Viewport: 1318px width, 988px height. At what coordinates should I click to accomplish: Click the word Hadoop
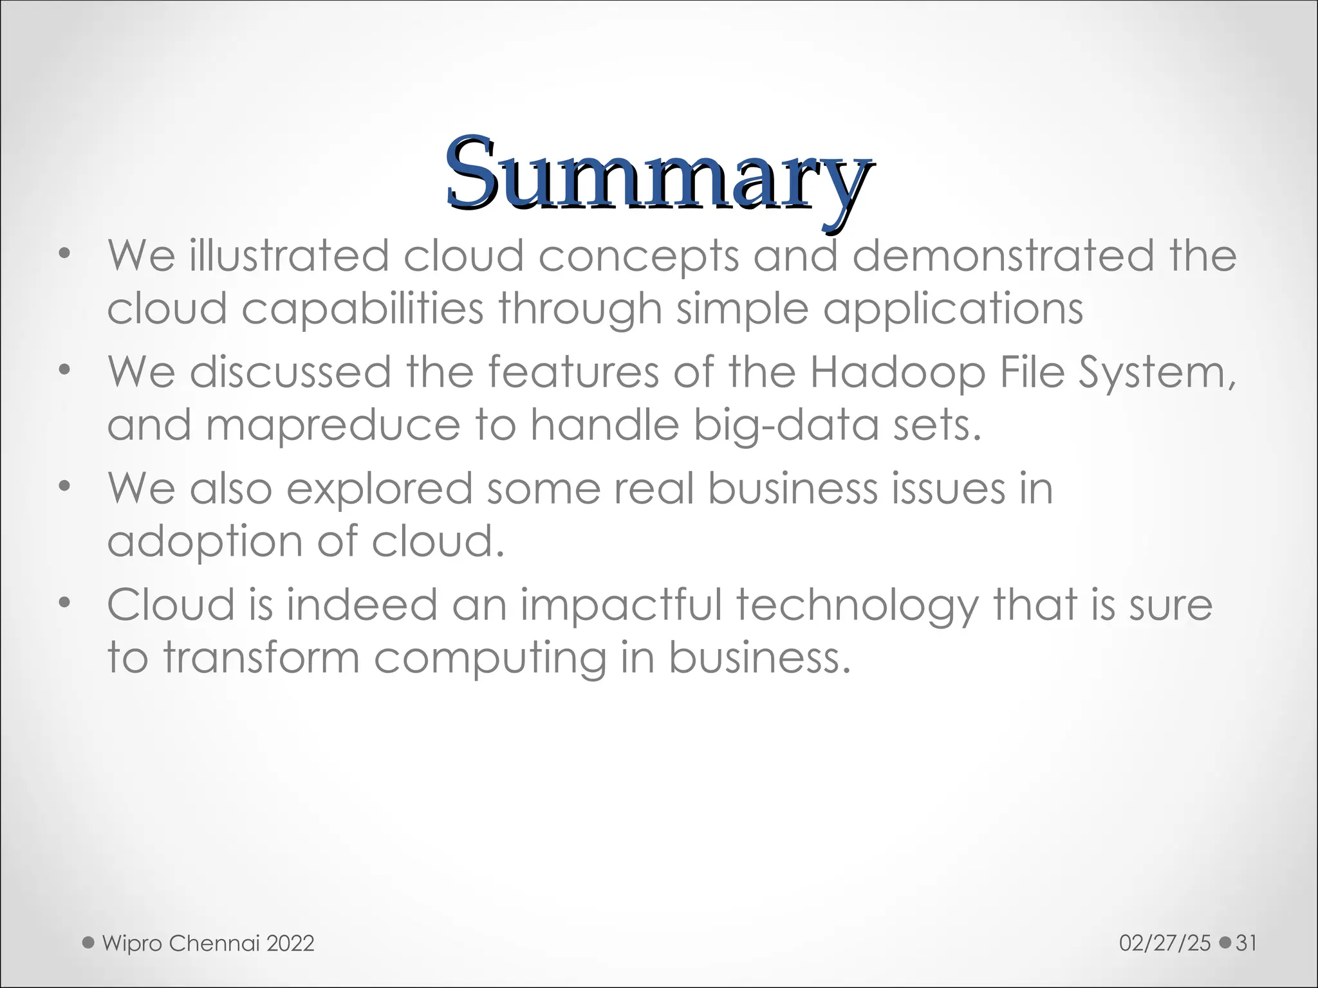(x=896, y=372)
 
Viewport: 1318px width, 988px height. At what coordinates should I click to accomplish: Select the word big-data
(x=785, y=426)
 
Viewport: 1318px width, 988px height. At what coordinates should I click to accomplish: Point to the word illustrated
(x=289, y=255)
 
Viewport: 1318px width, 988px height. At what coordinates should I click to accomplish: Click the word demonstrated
(x=1003, y=255)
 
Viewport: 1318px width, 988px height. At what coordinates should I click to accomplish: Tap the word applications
(x=953, y=309)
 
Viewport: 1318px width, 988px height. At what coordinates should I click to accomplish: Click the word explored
(x=379, y=488)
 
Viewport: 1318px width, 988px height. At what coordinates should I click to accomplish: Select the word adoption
(x=203, y=542)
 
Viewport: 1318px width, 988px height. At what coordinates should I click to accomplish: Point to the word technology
(x=856, y=605)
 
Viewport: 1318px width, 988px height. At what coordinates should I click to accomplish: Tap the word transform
(x=261, y=659)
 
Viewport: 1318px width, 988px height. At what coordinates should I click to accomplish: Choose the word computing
(x=490, y=659)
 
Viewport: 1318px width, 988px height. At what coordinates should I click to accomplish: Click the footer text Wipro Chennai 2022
(x=208, y=943)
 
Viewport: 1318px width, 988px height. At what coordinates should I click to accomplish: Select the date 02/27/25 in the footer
(x=1165, y=943)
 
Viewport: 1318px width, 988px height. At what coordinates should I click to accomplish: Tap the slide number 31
(x=1247, y=943)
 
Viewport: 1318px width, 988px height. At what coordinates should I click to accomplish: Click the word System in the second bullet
(x=1156, y=372)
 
